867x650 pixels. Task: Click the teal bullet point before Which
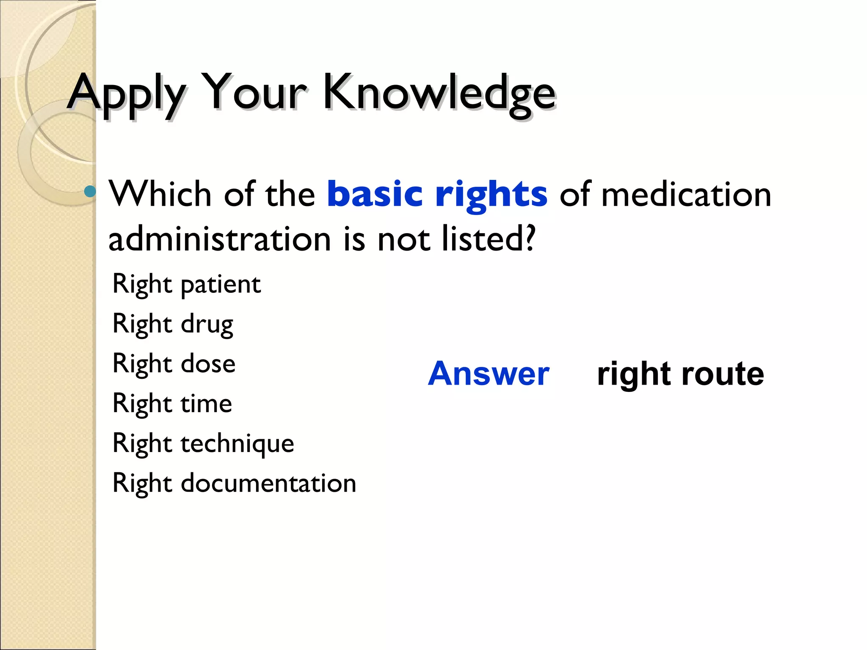[x=90, y=192]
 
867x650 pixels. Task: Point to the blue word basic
[x=375, y=194]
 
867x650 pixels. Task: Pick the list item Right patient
[x=186, y=284]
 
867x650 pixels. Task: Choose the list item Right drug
[x=173, y=325]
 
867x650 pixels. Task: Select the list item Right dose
[x=174, y=364]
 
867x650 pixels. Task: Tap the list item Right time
[x=172, y=404]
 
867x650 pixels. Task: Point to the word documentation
[x=268, y=483]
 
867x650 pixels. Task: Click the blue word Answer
[x=489, y=374]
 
